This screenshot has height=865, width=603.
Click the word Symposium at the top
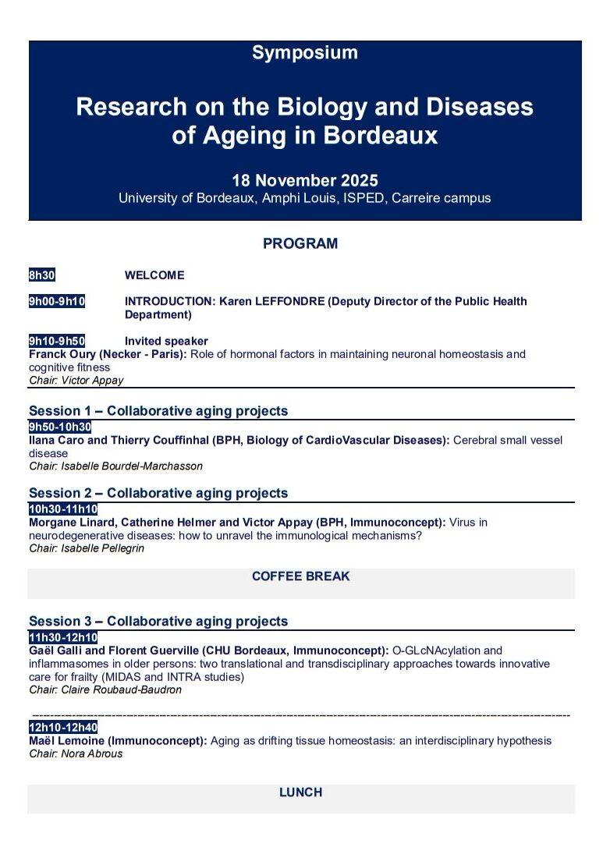click(x=304, y=53)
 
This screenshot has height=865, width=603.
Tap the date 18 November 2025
click(x=304, y=180)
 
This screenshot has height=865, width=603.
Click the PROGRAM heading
click(x=300, y=243)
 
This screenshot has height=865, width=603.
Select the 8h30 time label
click(x=42, y=275)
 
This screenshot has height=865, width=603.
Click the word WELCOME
click(x=154, y=275)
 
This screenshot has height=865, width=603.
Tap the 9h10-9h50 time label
click(x=57, y=341)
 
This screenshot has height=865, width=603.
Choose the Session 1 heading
click(x=158, y=411)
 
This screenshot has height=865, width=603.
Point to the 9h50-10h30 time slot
click(x=60, y=427)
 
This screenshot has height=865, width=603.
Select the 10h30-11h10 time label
click(x=63, y=509)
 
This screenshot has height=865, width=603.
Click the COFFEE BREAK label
click(x=300, y=576)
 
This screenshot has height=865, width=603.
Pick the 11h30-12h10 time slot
click(x=63, y=637)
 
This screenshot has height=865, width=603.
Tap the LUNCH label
click(x=300, y=792)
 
